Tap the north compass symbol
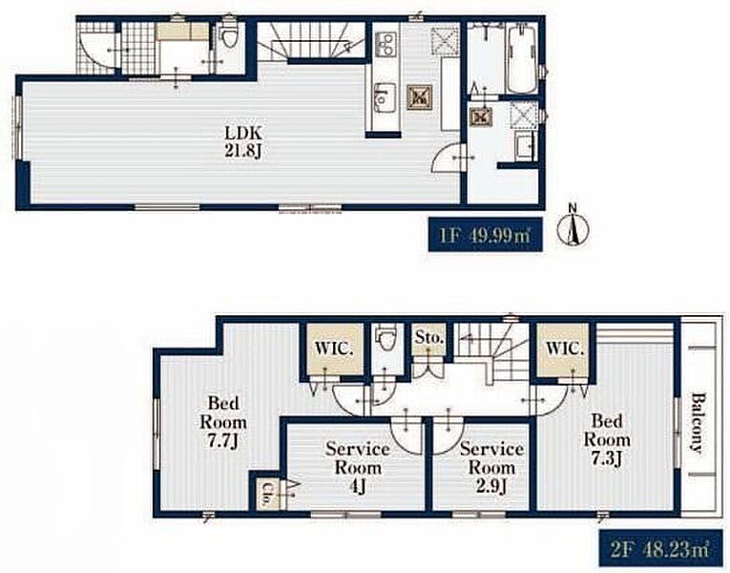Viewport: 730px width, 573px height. (574, 226)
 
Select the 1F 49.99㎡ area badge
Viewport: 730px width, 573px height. (485, 235)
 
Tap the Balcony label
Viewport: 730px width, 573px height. (697, 422)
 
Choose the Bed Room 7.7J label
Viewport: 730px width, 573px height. (223, 422)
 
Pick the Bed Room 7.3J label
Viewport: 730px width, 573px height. (607, 439)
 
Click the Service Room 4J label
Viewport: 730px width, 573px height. (358, 467)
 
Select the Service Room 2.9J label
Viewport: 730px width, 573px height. (491, 467)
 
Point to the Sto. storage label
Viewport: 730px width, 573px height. (428, 338)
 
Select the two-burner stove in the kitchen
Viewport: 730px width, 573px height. (386, 44)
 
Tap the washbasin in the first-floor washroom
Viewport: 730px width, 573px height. (524, 145)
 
